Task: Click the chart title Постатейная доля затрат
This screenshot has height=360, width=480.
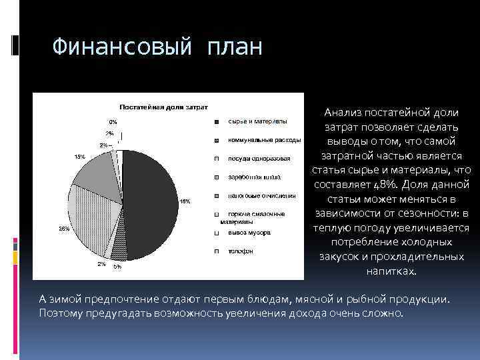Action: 163,107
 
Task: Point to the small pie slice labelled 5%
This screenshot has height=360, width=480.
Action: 119,250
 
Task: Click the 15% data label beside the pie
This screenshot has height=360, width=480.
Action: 79,157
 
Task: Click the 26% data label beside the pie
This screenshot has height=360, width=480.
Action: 64,228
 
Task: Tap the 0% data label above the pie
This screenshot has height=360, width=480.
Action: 113,122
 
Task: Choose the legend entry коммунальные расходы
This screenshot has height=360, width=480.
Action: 264,140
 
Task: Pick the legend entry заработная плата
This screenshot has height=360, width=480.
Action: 254,177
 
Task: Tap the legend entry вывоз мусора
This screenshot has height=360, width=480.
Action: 249,233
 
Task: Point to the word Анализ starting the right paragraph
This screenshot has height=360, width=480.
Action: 349,113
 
